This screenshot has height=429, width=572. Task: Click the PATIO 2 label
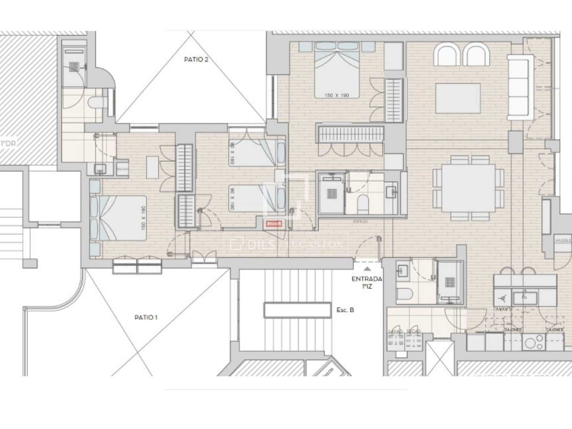pos(196,60)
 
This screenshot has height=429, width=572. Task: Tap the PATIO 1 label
pos(146,317)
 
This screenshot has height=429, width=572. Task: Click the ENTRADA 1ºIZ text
pos(367,282)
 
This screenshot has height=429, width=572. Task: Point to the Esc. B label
pos(345,310)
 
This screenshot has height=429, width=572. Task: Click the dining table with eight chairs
pos(468,188)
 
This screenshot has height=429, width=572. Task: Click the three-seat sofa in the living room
pos(518,87)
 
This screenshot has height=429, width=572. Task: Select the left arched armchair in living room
pos(447,55)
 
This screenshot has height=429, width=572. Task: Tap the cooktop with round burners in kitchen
pos(533,342)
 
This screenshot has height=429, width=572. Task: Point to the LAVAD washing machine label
pos(396,331)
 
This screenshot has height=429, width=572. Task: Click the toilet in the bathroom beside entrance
pos(405,294)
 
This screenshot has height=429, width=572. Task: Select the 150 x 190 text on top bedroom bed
pos(336,95)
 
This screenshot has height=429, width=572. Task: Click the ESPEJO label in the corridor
pos(360,222)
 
